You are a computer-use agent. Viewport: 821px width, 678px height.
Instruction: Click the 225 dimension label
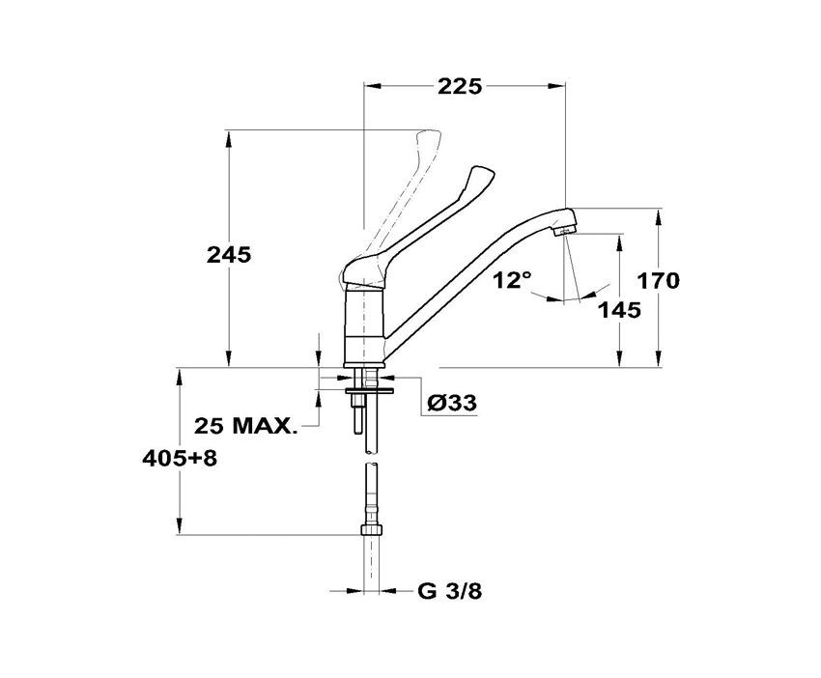coord(459,86)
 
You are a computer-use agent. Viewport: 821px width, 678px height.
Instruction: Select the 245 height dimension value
coord(229,255)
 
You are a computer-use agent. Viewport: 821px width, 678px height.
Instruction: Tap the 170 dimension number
coord(658,281)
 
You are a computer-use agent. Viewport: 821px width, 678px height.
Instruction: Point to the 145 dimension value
coord(619,310)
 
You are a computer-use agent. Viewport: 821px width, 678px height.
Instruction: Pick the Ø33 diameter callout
coord(452,403)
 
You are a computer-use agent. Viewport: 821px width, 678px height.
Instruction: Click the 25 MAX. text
coord(245,426)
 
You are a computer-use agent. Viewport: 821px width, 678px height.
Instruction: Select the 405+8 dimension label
coord(179,459)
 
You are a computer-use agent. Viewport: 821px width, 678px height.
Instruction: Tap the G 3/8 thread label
coord(450,591)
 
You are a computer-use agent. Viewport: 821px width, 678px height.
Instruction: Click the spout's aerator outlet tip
coord(564,232)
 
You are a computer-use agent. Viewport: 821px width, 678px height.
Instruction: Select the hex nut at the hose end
coord(372,529)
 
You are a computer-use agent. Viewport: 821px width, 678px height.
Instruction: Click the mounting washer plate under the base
coord(369,390)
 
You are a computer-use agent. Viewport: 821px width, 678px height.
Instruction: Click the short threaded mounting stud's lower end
coord(357,431)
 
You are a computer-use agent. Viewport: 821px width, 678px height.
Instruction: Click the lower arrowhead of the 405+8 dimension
coord(180,526)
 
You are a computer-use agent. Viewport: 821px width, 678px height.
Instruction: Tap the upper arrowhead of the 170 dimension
coord(658,216)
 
